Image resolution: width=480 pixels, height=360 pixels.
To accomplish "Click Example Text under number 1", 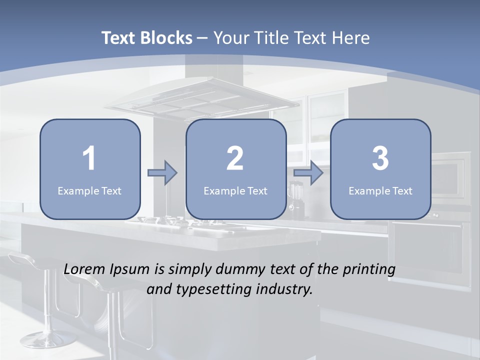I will (89, 191).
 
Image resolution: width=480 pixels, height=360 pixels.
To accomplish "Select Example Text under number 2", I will (235, 191).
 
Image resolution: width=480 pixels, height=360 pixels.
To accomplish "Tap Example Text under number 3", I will (380, 191).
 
